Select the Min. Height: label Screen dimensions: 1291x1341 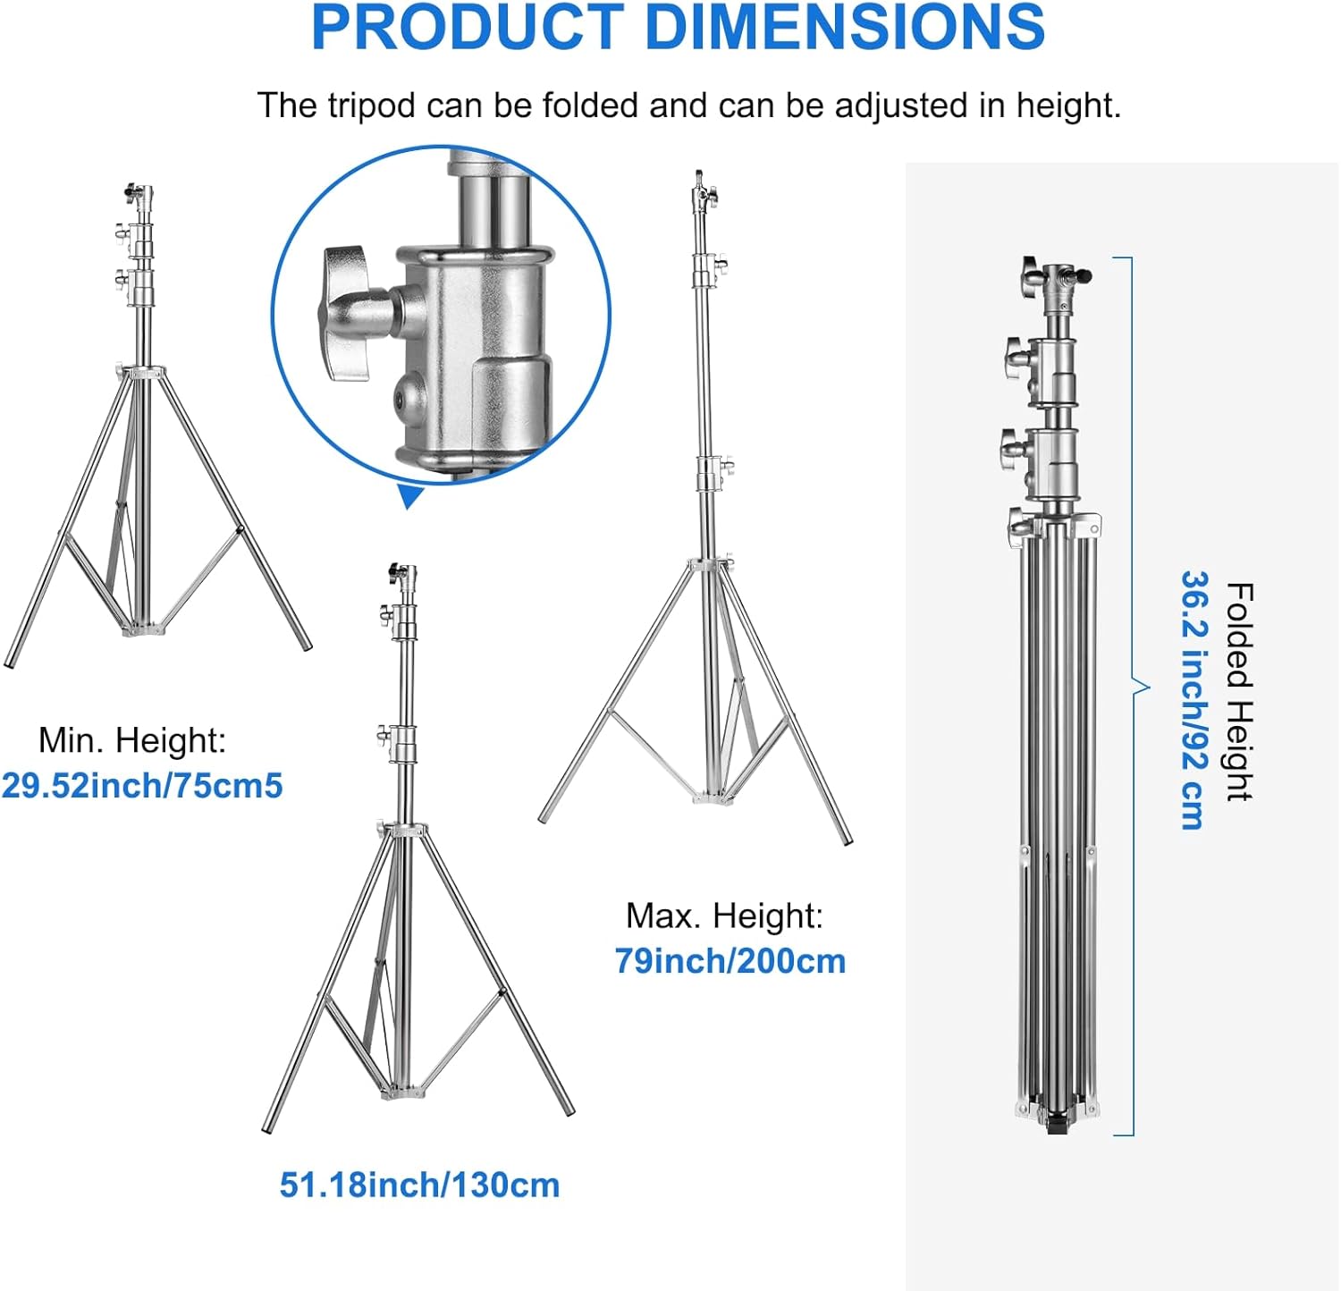(132, 740)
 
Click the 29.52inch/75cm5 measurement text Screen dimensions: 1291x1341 (142, 786)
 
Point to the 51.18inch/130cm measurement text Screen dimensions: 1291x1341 (419, 1185)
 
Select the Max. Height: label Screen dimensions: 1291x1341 (724, 916)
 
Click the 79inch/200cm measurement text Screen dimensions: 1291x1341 (730, 961)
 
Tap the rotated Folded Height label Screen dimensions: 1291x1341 (1240, 692)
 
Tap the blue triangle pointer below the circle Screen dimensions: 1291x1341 (410, 495)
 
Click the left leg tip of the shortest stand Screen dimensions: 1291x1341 (9, 662)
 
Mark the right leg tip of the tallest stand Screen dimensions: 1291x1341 (847, 840)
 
